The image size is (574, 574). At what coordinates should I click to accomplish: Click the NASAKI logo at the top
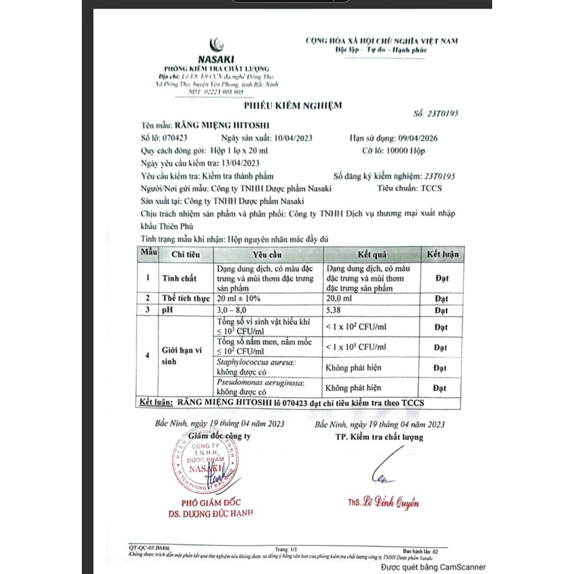coord(216,50)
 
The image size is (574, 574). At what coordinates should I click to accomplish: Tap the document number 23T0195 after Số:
coord(443,113)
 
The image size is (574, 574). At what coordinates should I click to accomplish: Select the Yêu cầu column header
coord(267,254)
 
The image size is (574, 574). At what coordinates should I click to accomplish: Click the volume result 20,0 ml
coord(340,299)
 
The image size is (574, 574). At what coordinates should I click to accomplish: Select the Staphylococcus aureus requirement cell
coord(257,368)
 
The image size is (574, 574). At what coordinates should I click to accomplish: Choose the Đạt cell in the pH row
coord(441,310)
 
